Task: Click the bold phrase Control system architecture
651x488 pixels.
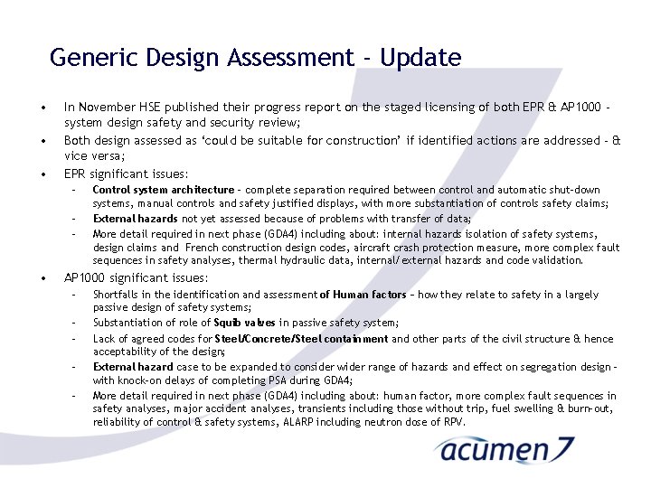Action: tap(163, 190)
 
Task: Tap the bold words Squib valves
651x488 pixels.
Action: tap(246, 323)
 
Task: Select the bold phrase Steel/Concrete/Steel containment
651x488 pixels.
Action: tap(301, 339)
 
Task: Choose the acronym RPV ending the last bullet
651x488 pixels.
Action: tap(454, 421)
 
